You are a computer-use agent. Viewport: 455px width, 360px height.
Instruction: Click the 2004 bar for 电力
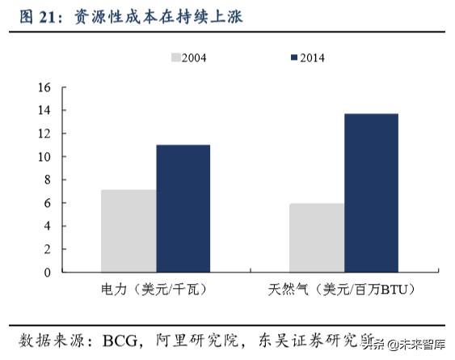click(x=128, y=231)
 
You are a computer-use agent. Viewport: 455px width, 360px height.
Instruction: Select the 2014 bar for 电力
click(x=183, y=208)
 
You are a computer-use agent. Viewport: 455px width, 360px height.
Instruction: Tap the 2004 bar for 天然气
click(x=317, y=238)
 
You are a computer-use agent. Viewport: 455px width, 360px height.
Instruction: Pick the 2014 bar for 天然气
click(x=371, y=193)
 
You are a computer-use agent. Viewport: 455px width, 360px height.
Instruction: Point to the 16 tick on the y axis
click(x=44, y=87)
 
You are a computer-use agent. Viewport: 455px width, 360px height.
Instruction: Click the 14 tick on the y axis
click(x=44, y=110)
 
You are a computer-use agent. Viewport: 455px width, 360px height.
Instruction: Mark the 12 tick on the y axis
click(x=44, y=133)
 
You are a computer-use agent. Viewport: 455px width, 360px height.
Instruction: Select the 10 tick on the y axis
click(x=44, y=156)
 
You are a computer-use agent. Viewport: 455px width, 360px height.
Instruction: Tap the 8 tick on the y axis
click(x=47, y=180)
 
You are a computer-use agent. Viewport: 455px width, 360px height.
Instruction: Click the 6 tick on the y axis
click(x=47, y=202)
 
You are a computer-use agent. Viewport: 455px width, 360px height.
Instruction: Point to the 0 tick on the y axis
click(x=47, y=272)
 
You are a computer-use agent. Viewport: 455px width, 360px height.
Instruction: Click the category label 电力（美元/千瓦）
click(x=154, y=290)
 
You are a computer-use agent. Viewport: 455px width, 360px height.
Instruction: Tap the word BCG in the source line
click(x=120, y=337)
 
